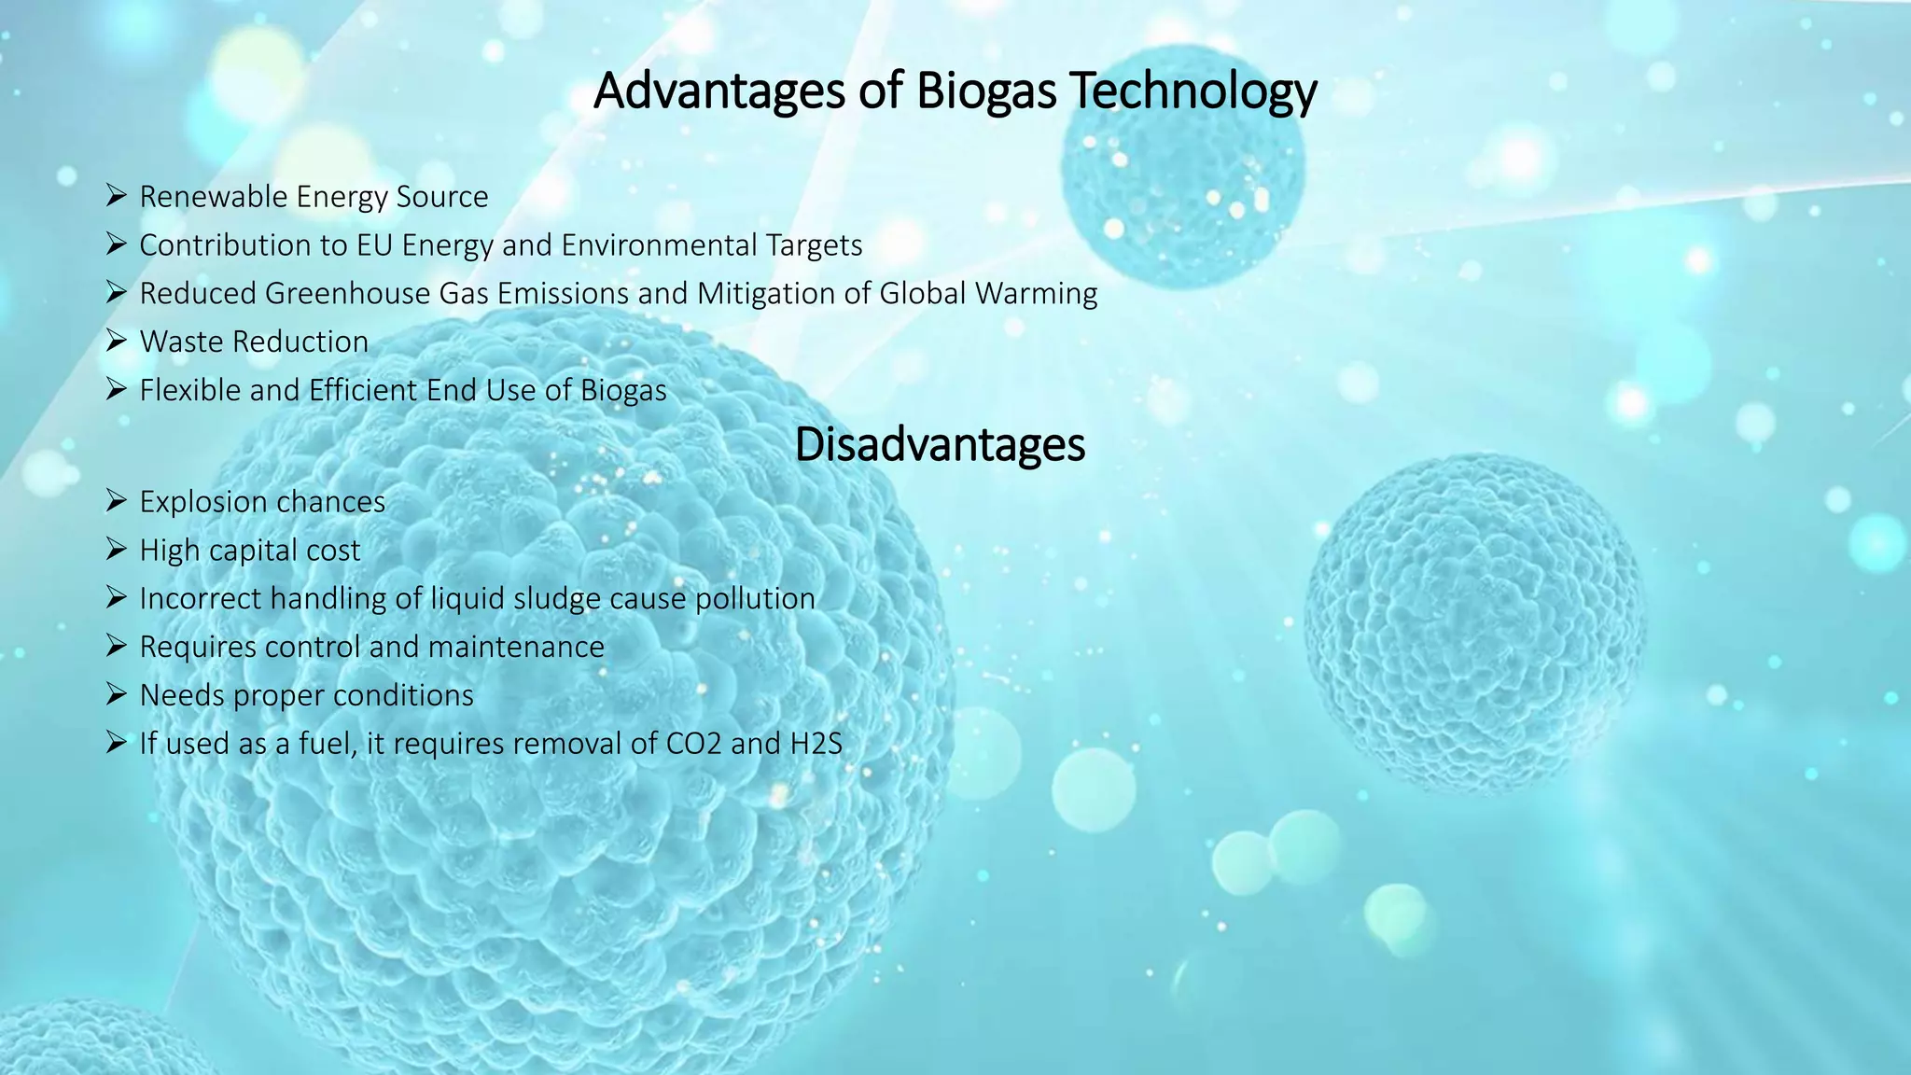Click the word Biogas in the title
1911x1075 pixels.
coord(985,91)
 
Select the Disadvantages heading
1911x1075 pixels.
coord(940,445)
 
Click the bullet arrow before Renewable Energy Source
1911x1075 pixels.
coord(116,196)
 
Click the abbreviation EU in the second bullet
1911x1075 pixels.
coord(374,245)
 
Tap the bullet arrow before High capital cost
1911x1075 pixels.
coord(116,550)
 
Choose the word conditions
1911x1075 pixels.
coord(403,695)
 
